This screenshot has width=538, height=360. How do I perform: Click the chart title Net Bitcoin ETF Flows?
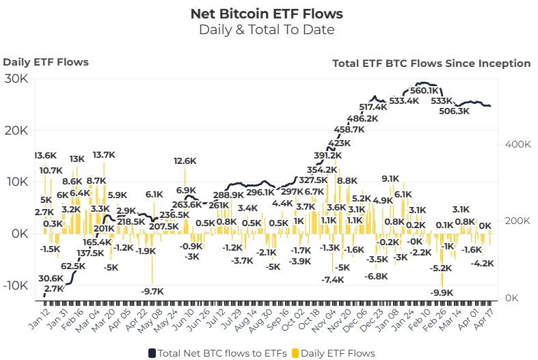tap(267, 13)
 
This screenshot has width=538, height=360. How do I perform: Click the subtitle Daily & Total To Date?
tap(267, 29)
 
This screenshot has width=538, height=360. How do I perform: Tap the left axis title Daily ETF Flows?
tap(46, 62)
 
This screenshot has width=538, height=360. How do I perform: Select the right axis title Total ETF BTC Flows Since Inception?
tap(431, 64)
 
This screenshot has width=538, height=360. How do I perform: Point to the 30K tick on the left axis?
tap(16, 79)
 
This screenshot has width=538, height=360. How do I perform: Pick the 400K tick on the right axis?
tap(518, 145)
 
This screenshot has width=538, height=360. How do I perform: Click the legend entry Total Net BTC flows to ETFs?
tap(215, 353)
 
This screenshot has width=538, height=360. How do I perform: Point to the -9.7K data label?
tap(152, 291)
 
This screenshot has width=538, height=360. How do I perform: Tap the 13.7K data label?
tap(104, 155)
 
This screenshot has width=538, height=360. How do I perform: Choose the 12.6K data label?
tap(185, 161)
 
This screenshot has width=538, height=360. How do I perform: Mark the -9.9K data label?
tap(442, 293)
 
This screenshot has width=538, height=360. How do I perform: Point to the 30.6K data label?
tap(51, 278)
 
